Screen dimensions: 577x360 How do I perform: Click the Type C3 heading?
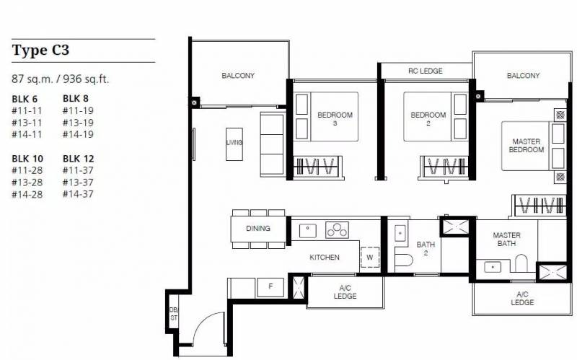[40, 50]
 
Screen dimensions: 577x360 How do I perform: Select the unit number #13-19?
[78, 123]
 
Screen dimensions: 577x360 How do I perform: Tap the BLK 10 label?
[27, 159]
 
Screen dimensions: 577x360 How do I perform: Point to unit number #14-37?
[78, 194]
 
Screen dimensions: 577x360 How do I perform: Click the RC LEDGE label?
[426, 71]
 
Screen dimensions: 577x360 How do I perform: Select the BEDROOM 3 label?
[335, 118]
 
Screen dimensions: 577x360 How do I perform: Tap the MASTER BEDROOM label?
[527, 146]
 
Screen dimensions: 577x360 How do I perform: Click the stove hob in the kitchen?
[337, 230]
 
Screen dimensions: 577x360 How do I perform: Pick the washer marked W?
[370, 257]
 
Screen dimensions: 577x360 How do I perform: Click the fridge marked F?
[270, 287]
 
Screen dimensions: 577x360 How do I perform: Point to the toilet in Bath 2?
[403, 260]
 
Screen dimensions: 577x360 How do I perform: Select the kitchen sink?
[308, 231]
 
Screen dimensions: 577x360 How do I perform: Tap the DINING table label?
[258, 228]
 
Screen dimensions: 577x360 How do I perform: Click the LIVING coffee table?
[234, 144]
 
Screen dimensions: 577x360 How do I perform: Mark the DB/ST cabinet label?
[173, 314]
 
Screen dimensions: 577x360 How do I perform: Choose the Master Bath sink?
[493, 266]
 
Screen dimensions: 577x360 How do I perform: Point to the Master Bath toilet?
[521, 263]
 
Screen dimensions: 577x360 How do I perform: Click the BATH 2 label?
[426, 248]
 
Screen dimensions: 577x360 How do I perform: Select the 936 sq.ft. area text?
[86, 79]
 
